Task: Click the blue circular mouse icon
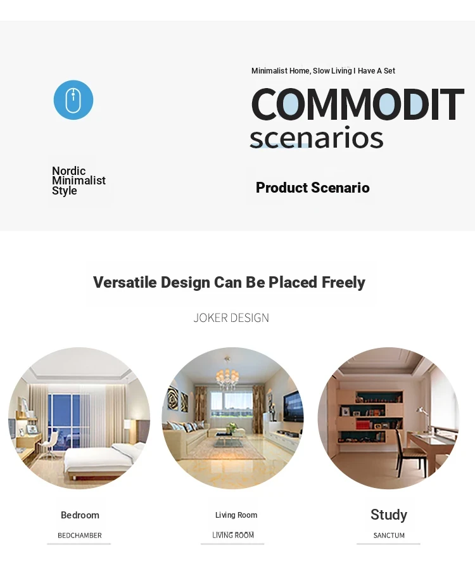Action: pos(73,99)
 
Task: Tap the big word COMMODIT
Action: pos(357,104)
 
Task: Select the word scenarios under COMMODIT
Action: pos(316,138)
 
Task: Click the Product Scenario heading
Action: pos(313,188)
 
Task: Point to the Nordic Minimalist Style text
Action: pos(79,181)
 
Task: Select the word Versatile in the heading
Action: pos(125,282)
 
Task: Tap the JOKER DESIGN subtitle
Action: pos(231,318)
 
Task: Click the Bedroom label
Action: pos(80,515)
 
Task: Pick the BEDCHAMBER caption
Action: pos(80,536)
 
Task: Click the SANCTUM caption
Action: pos(389,536)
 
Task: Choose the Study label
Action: pos(389,515)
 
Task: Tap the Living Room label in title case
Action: pos(236,515)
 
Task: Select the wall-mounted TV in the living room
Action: pos(293,406)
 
